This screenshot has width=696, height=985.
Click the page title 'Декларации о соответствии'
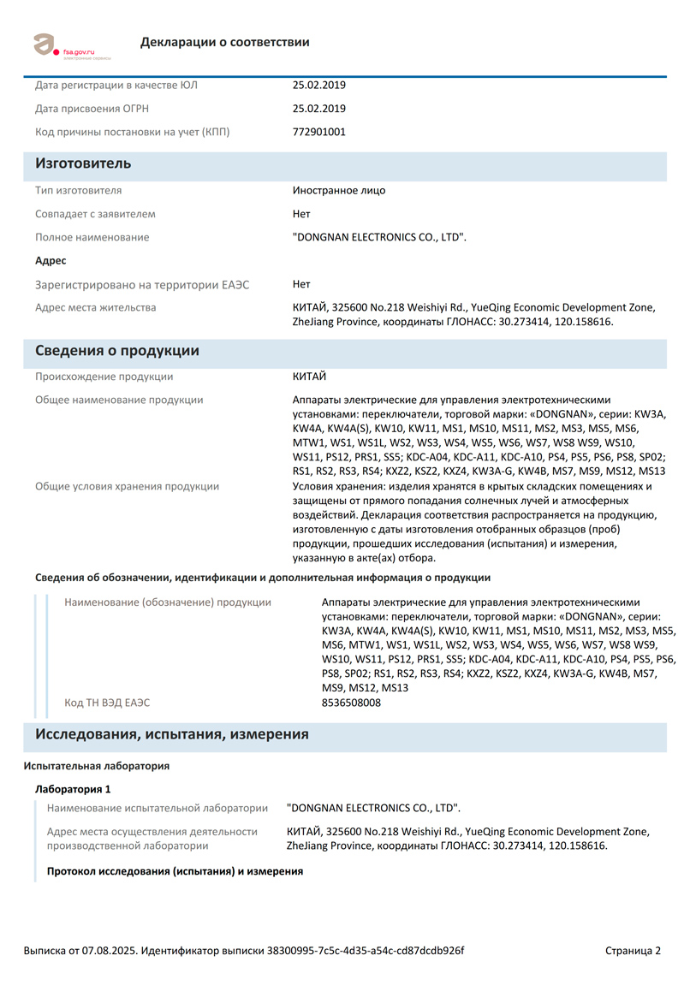click(225, 42)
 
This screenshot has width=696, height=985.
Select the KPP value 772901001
click(319, 132)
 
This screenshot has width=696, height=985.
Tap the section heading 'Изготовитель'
click(83, 163)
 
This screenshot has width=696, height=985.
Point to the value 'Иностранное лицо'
click(339, 190)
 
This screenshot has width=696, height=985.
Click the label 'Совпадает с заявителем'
click(95, 214)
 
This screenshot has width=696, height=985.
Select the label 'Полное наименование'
click(92, 237)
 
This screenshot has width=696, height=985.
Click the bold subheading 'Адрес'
click(51, 260)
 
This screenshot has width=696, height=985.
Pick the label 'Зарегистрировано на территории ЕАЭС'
click(142, 284)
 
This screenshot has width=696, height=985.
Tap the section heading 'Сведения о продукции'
click(117, 351)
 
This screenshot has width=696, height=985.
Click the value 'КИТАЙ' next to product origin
click(310, 377)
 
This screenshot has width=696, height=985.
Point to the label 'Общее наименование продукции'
click(119, 400)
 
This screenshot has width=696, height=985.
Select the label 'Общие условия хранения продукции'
click(127, 486)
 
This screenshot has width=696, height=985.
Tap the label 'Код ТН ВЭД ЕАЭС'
click(107, 703)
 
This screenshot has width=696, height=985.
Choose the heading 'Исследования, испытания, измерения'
click(172, 734)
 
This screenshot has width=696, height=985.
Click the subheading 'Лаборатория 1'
click(73, 788)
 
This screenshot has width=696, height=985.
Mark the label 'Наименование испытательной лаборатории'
click(158, 808)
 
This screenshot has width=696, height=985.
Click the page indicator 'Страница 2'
click(633, 950)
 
